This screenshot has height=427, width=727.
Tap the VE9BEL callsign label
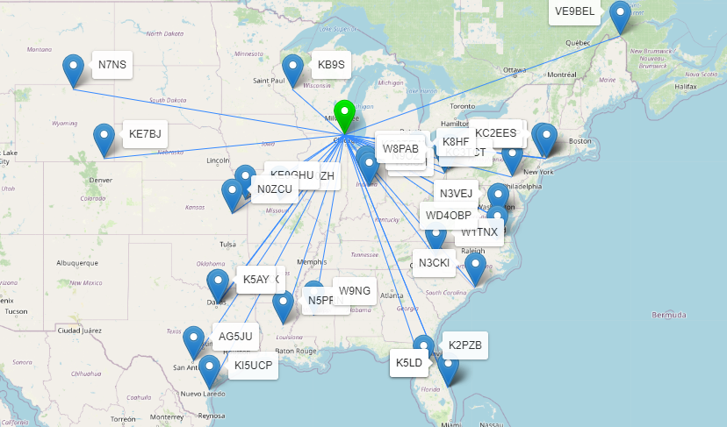point(576,11)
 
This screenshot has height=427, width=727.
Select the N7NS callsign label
point(112,65)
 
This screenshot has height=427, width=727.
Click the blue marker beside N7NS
point(74,68)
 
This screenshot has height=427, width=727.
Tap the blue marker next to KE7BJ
point(104,138)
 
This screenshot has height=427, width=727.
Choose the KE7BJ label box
point(144,134)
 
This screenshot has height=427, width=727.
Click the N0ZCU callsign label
point(273,189)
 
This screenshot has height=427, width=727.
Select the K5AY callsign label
point(256,281)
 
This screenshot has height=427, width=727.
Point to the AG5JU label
point(235,337)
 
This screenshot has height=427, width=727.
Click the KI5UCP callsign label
point(254,367)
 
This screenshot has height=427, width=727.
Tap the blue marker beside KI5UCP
point(209,370)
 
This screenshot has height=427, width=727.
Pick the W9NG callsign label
point(355,291)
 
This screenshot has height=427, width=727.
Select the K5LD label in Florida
point(409,363)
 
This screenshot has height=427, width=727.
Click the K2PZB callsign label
point(464,345)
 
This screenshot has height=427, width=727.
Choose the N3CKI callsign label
point(434,263)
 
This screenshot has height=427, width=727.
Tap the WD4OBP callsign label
point(448,216)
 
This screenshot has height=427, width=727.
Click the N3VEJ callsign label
point(456,194)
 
